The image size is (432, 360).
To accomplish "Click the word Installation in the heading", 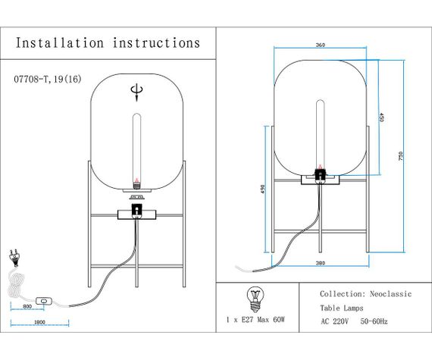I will [x=58, y=42].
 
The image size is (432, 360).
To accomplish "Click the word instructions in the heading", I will [x=156, y=42].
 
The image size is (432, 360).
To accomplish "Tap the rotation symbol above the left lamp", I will [x=136, y=92].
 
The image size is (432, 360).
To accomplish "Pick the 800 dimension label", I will [x=27, y=305].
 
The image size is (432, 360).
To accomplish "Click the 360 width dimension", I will [x=320, y=45].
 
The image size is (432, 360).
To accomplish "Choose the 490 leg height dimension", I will [x=261, y=189].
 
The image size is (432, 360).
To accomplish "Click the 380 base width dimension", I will [x=320, y=264].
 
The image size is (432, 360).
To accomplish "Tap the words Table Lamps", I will [x=342, y=308].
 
